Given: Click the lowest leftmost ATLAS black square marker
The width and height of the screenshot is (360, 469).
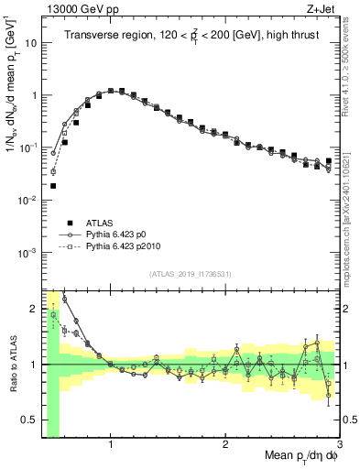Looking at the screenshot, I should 53,186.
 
